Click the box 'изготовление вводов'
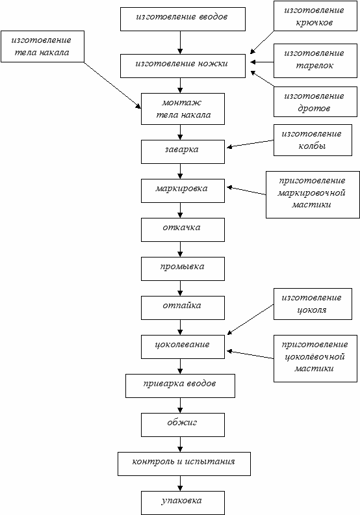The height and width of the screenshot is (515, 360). coord(183,20)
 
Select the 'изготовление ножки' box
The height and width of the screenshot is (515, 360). coord(183,66)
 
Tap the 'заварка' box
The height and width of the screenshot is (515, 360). coord(183,152)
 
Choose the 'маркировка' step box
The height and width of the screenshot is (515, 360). coord(183,191)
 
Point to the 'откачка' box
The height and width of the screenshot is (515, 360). coord(183,230)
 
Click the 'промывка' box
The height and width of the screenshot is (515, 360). coord(183,269)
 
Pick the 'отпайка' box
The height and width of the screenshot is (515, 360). coord(183,308)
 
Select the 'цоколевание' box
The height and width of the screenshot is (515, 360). coord(183,347)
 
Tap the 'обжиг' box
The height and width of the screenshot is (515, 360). coord(183,425)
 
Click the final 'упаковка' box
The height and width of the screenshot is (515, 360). coord(183,503)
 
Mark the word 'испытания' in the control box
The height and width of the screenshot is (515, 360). coord(210,462)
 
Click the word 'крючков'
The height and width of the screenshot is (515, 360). coord(315,23)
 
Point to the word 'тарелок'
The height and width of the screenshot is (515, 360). coord(315,66)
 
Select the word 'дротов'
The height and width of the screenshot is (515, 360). coord(314,109)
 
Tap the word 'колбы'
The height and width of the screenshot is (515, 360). coord(312,146)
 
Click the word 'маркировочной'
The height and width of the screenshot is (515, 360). coord(311,192)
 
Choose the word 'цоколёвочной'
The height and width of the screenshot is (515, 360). coord(315,357)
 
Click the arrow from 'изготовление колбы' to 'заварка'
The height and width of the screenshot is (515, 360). coord(250,144)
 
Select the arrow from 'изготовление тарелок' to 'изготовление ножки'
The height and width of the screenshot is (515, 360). coord(262,62)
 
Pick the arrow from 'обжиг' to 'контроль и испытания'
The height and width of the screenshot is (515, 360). coord(180,444)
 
